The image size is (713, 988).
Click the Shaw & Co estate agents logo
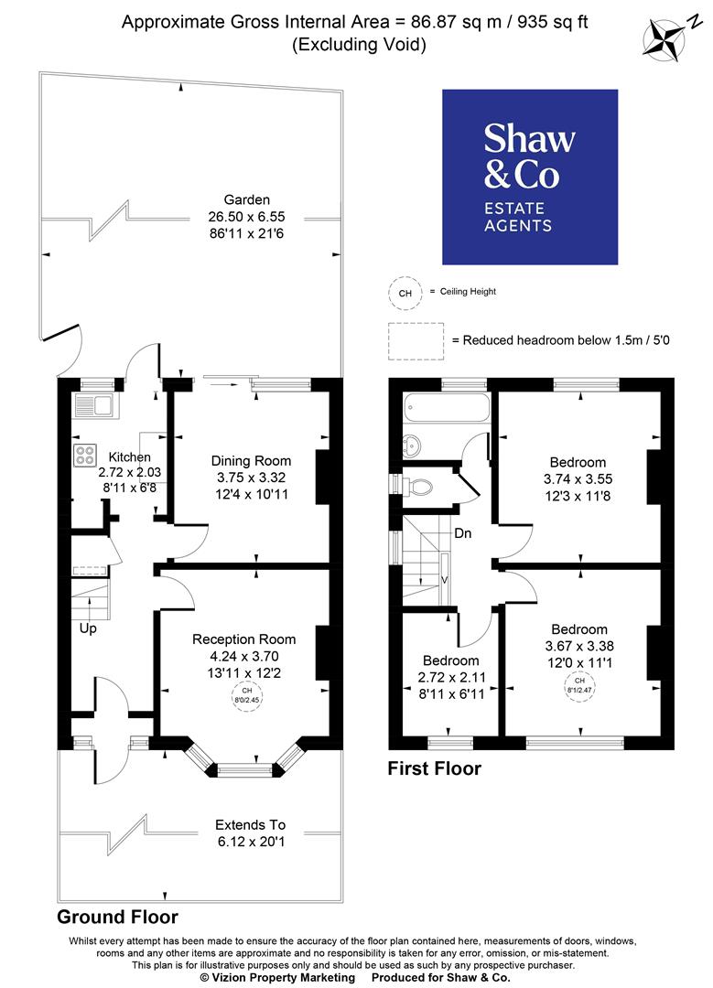pos(530,177)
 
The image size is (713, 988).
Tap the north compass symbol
pos(666,39)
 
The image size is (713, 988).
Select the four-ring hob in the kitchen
pos(87,455)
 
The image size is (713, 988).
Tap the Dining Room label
pos(251,460)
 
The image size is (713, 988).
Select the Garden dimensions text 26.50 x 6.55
pos(247,216)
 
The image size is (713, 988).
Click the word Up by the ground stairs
pos(88,628)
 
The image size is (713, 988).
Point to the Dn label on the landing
pos(463,533)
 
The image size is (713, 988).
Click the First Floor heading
pos(434,768)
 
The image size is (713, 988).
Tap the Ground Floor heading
pos(117,917)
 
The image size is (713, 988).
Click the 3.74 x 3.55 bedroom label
pos(578,478)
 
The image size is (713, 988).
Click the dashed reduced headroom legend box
pos(416,339)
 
